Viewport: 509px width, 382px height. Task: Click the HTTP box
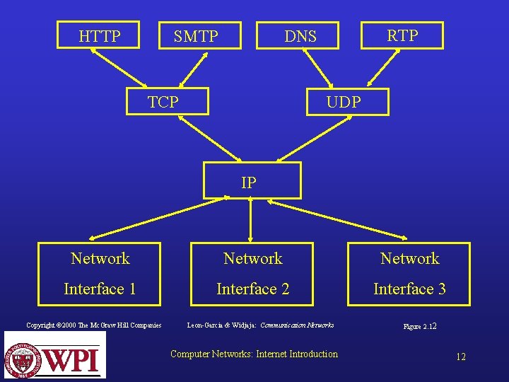tap(100, 36)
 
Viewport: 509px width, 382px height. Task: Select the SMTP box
tap(196, 36)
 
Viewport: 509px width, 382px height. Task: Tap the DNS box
tap(300, 36)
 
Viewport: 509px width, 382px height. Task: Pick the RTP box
tap(402, 35)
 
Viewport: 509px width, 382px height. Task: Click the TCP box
tap(163, 102)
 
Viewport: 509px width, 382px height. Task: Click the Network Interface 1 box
tap(100, 274)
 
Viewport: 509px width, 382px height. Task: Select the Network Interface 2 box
tap(253, 274)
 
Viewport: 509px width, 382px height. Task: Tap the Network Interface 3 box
tap(410, 274)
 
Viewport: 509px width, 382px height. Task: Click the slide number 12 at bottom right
tap(460, 357)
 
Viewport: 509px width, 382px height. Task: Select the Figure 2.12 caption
tap(420, 327)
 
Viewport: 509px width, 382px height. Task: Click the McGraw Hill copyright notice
tap(94, 325)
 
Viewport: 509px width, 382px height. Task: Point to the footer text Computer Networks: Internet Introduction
tap(255, 354)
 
